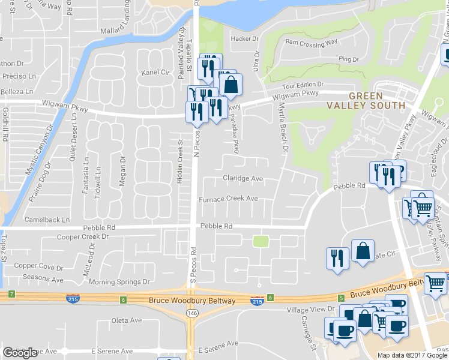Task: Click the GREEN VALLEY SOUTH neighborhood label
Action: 366,100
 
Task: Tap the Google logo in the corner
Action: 20,353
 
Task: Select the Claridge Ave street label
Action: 243,178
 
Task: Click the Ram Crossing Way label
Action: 312,43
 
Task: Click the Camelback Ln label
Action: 47,220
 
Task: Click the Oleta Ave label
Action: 125,320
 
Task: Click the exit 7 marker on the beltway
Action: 11,294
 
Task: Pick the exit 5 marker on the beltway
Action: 341,298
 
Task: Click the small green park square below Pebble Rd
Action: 260,241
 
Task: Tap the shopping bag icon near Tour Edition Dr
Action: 231,85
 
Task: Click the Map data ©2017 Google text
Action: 412,355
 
